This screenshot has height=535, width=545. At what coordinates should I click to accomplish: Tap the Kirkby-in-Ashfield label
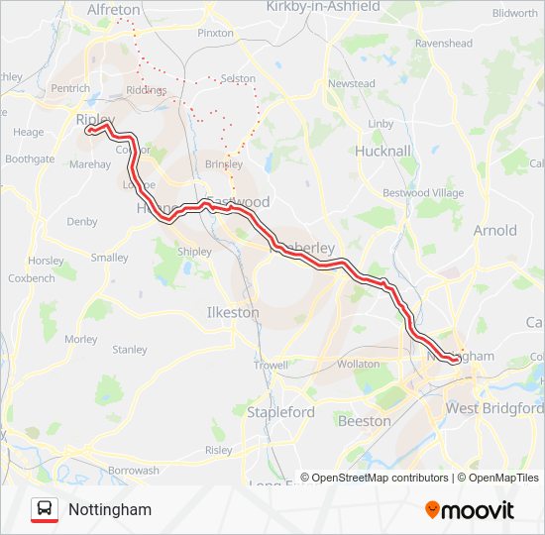click(x=323, y=7)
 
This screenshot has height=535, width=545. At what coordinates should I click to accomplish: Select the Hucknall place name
click(x=382, y=151)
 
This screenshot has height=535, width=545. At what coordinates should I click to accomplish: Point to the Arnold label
click(x=494, y=230)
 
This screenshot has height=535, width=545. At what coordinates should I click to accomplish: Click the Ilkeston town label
click(x=232, y=312)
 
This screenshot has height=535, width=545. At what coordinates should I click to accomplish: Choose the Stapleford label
click(x=280, y=411)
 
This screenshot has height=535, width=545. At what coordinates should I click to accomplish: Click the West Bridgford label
click(x=494, y=408)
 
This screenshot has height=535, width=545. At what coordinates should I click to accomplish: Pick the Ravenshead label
click(x=444, y=44)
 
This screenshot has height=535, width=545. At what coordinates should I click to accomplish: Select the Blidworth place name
click(x=514, y=13)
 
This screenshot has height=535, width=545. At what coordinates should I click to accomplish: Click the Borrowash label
click(x=134, y=471)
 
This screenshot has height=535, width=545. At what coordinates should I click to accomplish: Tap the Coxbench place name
click(x=31, y=278)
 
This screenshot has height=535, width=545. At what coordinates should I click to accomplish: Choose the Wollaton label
click(x=359, y=364)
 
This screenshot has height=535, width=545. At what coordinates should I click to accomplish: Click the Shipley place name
click(x=194, y=252)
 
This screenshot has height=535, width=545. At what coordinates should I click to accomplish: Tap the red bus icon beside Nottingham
click(x=45, y=509)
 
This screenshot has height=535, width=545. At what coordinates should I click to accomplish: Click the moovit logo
click(x=470, y=510)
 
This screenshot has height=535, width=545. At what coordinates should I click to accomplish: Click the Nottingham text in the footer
click(x=110, y=509)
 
